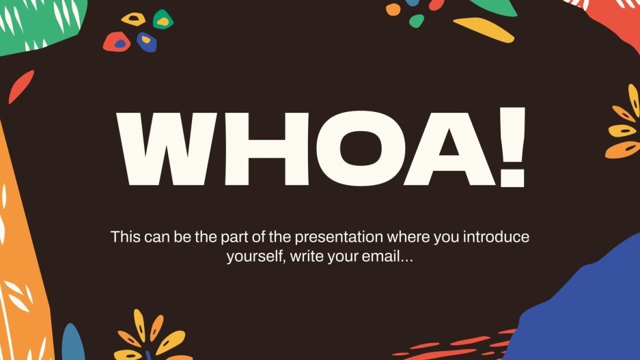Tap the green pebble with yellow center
point(163,20)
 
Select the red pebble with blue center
point(117,42)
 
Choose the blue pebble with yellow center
point(146,42)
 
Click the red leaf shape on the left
point(20,86)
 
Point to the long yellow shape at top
point(484,29)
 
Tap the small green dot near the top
point(416,21)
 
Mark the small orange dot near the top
point(393,10)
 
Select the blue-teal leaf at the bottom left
point(72,343)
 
